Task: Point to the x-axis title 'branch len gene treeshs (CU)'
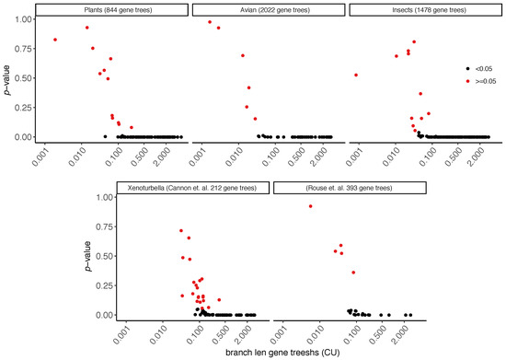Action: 267,354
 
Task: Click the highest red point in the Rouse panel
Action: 311,206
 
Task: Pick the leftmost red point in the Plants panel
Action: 55,40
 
